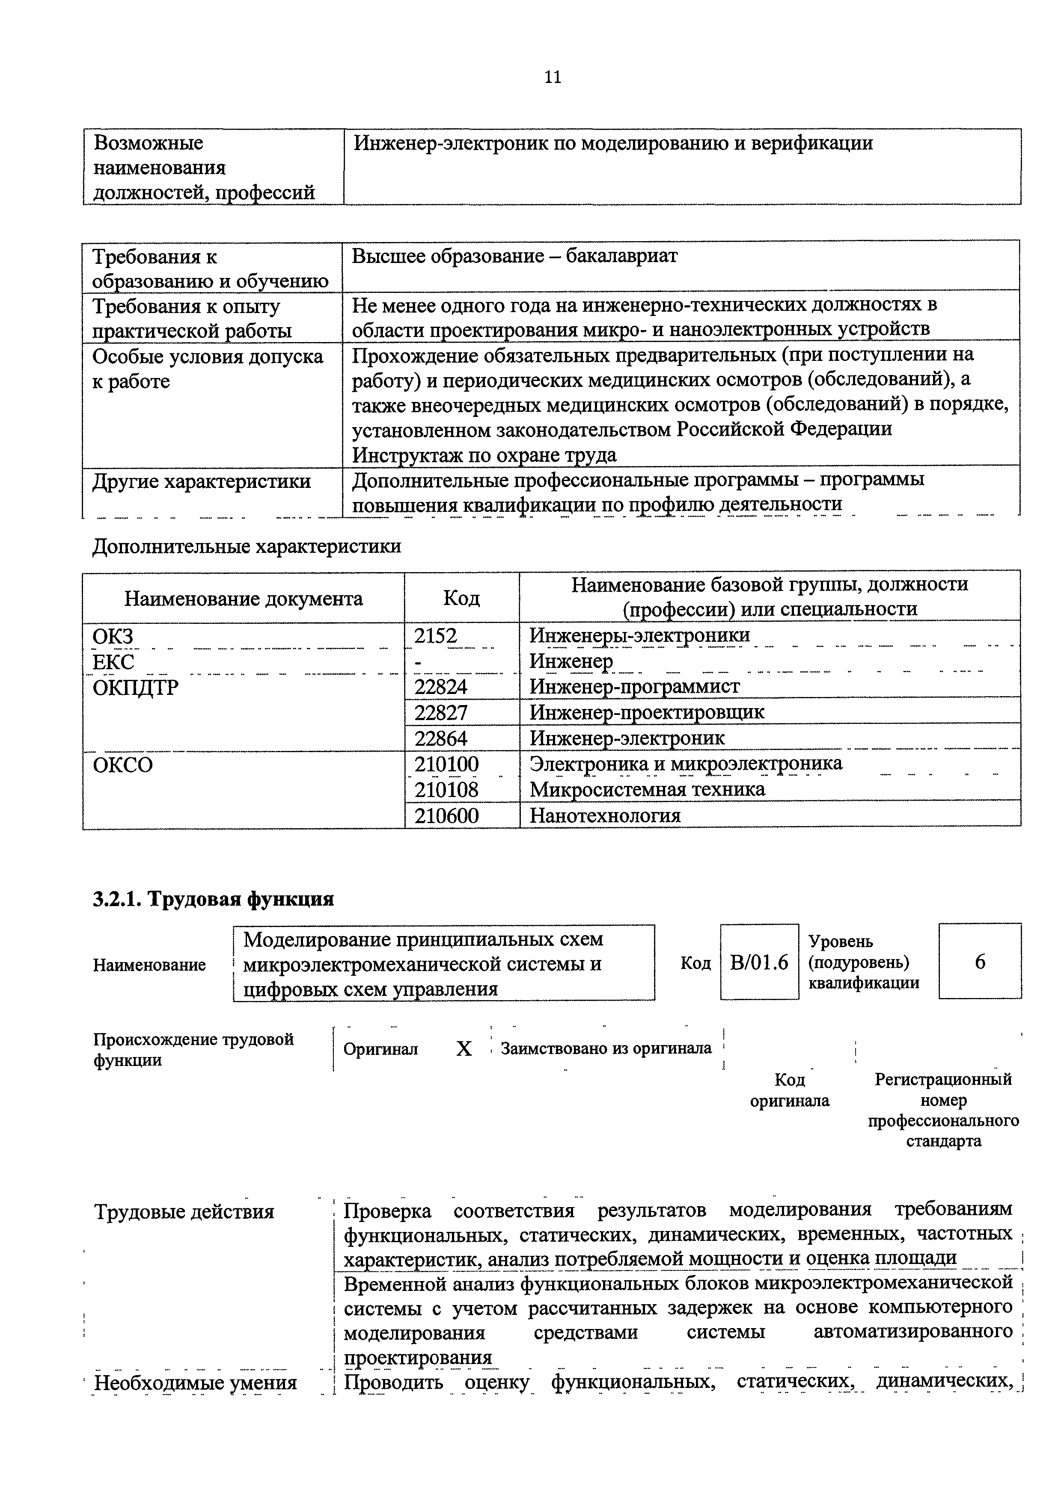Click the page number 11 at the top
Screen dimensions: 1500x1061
553,78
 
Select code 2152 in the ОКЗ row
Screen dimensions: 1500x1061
436,636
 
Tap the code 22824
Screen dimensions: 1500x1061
441,687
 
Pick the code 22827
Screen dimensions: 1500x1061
441,712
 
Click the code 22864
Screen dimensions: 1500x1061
441,738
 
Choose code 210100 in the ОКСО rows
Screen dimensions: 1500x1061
446,764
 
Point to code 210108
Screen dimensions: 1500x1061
446,790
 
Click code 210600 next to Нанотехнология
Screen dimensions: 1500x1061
446,816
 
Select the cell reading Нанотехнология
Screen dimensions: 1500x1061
605,816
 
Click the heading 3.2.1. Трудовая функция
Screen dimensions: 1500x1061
213,900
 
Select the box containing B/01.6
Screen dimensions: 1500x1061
759,963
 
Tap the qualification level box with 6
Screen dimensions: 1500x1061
979,963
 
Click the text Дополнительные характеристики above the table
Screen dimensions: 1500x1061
247,546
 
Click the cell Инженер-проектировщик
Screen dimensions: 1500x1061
647,712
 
